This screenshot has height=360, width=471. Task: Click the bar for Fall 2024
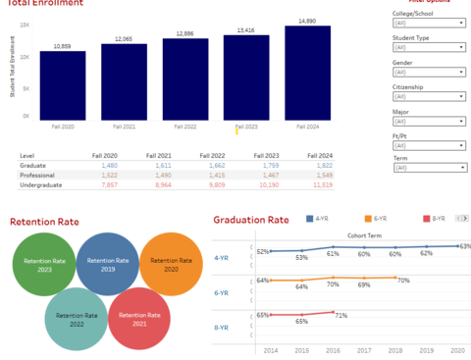coord(307,74)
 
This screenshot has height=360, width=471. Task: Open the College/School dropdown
coord(428,47)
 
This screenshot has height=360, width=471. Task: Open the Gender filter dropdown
coord(428,72)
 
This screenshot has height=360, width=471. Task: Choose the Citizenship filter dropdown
coord(428,96)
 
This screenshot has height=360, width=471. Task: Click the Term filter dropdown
coord(428,168)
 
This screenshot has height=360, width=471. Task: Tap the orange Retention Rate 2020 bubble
coord(171,262)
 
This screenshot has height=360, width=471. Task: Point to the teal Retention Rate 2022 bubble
coord(77,318)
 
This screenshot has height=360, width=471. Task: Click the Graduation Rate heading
coord(251,220)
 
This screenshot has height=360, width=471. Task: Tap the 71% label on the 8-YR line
coord(340,315)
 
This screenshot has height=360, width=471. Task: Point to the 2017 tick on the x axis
coord(364,349)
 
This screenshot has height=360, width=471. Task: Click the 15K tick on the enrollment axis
coord(25,25)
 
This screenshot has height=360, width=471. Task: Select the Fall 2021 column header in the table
coord(158,156)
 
